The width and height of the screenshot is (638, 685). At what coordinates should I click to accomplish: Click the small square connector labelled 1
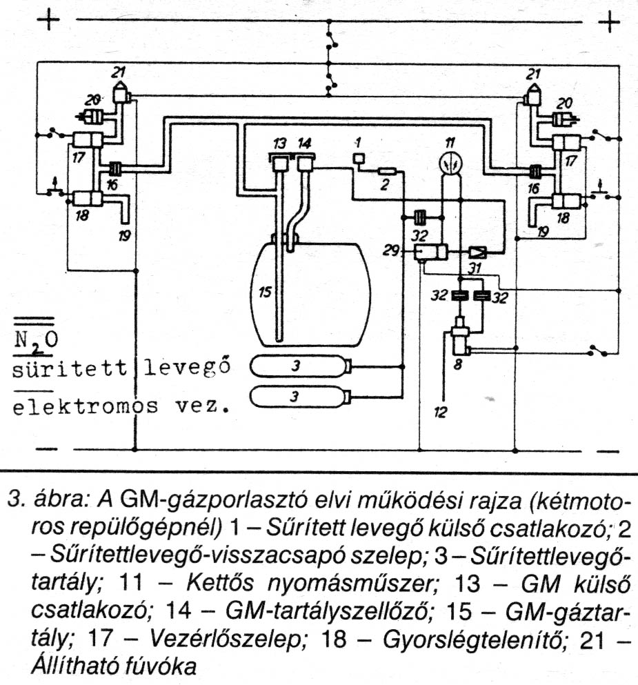coord(359,160)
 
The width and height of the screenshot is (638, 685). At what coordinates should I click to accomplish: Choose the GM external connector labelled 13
coord(280,164)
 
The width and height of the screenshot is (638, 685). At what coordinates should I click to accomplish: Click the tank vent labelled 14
coord(305,164)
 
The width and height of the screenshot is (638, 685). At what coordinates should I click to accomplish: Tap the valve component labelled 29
coord(432,253)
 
